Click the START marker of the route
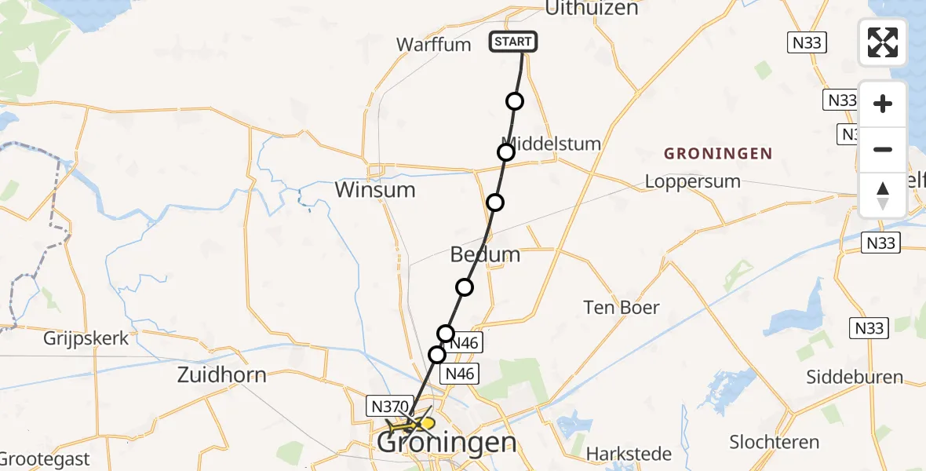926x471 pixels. [513, 42]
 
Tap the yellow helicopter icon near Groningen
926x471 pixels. [408, 424]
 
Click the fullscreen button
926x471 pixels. [883, 42]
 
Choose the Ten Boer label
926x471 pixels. [622, 307]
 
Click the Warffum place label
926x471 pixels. [434, 44]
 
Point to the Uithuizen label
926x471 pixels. [592, 9]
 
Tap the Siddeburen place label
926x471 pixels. [855, 378]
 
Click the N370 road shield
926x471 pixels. [388, 406]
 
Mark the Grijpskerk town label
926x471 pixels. [86, 339]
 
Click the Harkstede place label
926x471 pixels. [629, 453]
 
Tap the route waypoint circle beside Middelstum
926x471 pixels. [506, 152]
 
